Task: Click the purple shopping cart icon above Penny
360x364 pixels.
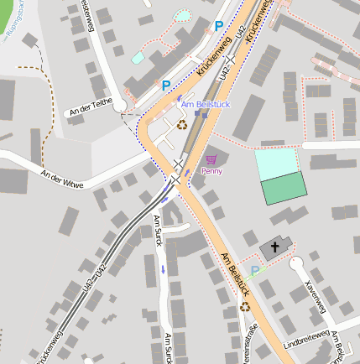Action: [211, 159]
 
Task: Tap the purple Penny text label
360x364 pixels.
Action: [211, 171]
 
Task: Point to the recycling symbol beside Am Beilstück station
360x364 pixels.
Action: [182, 125]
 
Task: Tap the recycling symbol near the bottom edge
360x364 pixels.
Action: [245, 307]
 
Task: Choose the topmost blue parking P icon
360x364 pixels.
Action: [219, 26]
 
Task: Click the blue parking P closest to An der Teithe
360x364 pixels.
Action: [166, 85]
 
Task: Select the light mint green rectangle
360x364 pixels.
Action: [276, 164]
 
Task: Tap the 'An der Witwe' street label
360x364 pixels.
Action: [62, 178]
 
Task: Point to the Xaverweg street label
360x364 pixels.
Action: [316, 293]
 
